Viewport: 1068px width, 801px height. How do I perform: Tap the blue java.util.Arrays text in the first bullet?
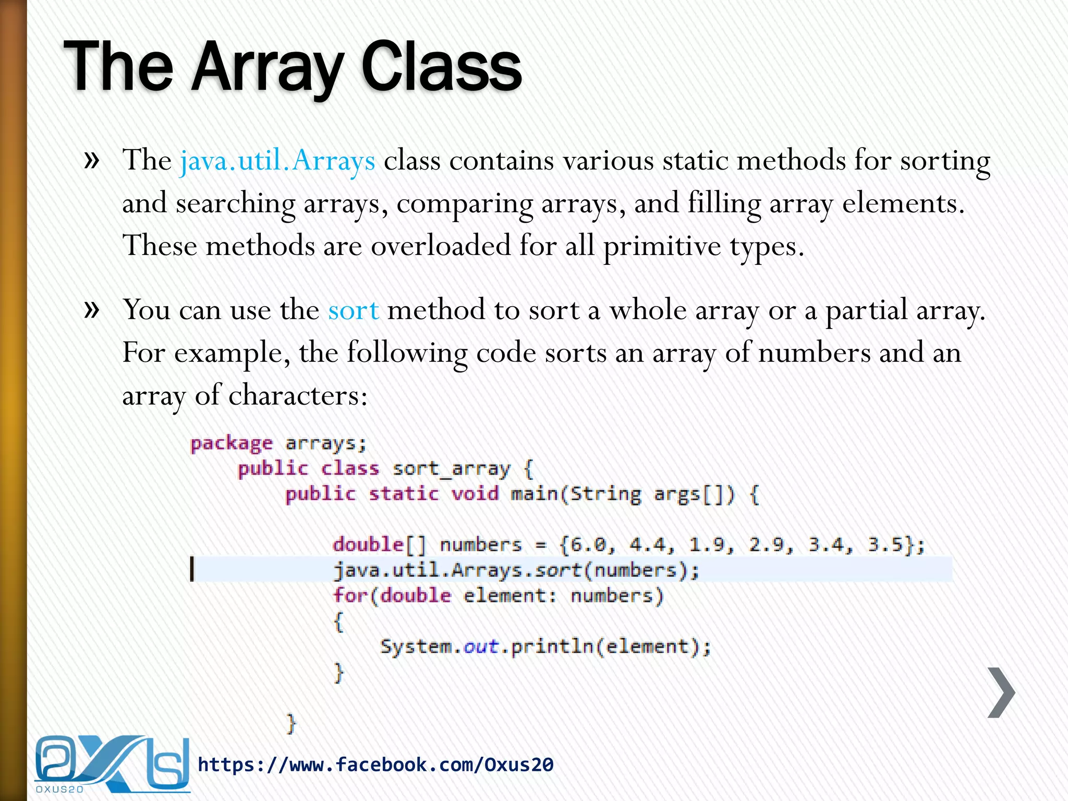tap(277, 161)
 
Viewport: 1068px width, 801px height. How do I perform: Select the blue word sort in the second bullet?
tap(353, 311)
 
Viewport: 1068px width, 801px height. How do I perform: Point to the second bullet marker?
tap(92, 309)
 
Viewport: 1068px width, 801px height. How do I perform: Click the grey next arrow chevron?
tap(1001, 693)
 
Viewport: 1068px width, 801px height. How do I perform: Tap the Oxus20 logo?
tap(112, 764)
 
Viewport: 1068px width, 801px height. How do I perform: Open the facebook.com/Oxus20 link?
tap(375, 765)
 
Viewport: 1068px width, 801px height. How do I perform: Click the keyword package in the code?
tap(231, 444)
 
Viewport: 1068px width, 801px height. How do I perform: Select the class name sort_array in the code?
tap(451, 469)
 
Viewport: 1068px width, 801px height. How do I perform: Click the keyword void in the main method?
tap(475, 494)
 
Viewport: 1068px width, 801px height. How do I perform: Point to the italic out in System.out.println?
tap(481, 647)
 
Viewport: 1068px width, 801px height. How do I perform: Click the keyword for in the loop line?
tap(350, 596)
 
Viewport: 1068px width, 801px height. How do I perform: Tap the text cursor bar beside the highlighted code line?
tap(192, 569)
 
